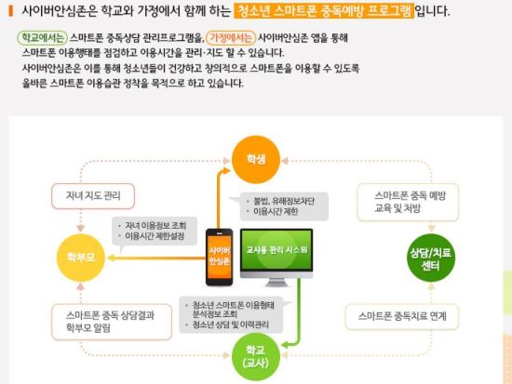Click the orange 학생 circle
pyautogui.click(x=256, y=160)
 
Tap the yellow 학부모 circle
pyautogui.click(x=81, y=258)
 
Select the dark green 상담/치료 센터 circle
pyautogui.click(x=431, y=258)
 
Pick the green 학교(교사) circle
pyautogui.click(x=256, y=357)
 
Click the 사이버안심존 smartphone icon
pyautogui.click(x=219, y=258)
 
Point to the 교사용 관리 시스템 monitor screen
pyautogui.click(x=276, y=250)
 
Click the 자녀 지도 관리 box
pyautogui.click(x=93, y=196)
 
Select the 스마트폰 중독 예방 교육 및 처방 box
pyautogui.click(x=408, y=203)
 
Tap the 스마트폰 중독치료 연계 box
pyautogui.click(x=402, y=316)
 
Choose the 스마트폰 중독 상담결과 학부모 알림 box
pyautogui.click(x=112, y=322)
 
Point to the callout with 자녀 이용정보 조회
pyautogui.click(x=155, y=232)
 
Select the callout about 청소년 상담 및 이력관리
pyautogui.click(x=233, y=315)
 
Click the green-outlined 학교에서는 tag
pyautogui.click(x=42, y=38)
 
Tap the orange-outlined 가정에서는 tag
pyautogui.click(x=231, y=38)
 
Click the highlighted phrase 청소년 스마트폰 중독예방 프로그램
pyautogui.click(x=324, y=11)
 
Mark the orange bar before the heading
pyautogui.click(x=11, y=11)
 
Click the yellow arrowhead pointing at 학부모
pyautogui.click(x=111, y=258)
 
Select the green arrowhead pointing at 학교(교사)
pyautogui.click(x=285, y=345)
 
